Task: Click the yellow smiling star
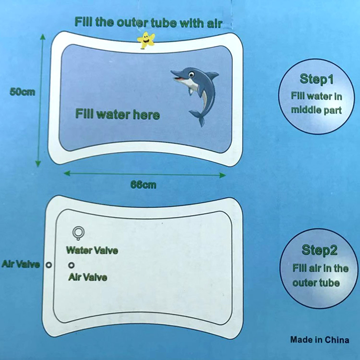tap(146, 40)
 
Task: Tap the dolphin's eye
tap(191, 74)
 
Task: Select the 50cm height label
tap(22, 92)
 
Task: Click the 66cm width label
tap(144, 185)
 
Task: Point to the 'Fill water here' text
tap(118, 114)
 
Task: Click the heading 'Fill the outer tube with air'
tap(148, 23)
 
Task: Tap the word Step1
tap(316, 79)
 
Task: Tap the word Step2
tap(319, 250)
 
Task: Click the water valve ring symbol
tap(78, 233)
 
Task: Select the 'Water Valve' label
tap(92, 250)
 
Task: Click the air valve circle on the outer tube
tap(48, 264)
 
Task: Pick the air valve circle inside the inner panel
tap(71, 265)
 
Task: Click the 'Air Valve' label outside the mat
tap(21, 264)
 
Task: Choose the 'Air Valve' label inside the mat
tap(88, 277)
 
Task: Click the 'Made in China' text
tap(320, 340)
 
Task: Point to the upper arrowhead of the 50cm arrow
tap(43, 37)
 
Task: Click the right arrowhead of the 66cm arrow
tap(222, 175)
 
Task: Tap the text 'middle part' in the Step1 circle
tap(316, 110)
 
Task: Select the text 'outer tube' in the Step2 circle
tap(316, 283)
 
